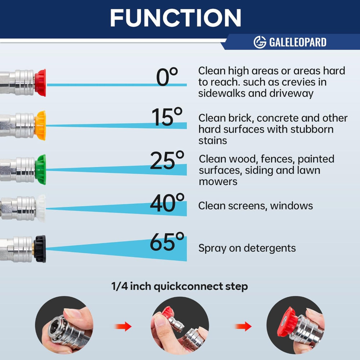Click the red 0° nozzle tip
(40, 83)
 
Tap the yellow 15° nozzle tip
(40, 125)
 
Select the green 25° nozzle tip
(41, 170)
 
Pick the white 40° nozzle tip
(41, 208)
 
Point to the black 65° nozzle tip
(40, 249)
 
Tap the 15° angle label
(167, 117)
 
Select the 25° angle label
(167, 160)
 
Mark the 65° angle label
(167, 242)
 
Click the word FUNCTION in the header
(176, 18)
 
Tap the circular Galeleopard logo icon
(260, 42)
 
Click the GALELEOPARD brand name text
(298, 42)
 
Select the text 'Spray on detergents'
(247, 248)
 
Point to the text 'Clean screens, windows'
(256, 206)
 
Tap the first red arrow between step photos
(123, 326)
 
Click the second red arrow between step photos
(243, 326)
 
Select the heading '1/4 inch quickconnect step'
(180, 287)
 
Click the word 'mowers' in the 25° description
(218, 181)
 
